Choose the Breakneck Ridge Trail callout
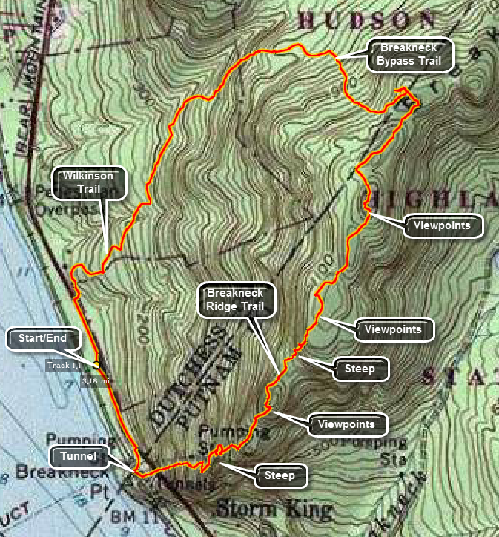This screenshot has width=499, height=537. [x=235, y=300]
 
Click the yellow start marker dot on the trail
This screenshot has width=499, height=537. [x=96, y=364]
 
